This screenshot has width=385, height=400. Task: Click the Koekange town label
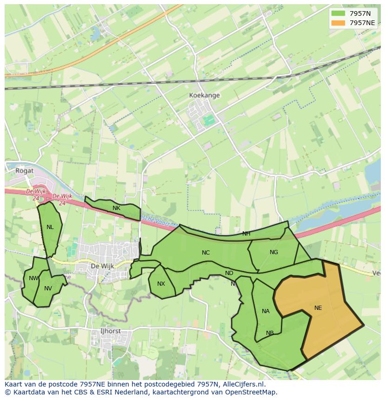[204, 95]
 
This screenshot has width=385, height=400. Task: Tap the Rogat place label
[24, 170]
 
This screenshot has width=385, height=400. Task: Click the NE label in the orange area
[318, 308]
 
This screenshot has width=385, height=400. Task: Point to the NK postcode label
[116, 208]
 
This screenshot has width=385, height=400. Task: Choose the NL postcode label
[50, 227]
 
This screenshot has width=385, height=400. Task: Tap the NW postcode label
[33, 278]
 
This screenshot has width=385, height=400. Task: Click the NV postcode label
[48, 289]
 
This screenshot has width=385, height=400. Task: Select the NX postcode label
[161, 284]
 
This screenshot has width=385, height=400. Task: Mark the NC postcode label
[206, 253]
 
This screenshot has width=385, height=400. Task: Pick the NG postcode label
[274, 252]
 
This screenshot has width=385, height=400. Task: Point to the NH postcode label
[246, 234]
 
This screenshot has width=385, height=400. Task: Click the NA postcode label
[266, 311]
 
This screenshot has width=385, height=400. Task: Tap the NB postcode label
[270, 333]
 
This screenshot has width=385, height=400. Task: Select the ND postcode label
[229, 273]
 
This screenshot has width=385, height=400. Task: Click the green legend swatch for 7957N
[338, 13]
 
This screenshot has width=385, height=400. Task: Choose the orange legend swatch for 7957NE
[338, 23]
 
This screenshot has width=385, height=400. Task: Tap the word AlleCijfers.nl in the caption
[242, 384]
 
